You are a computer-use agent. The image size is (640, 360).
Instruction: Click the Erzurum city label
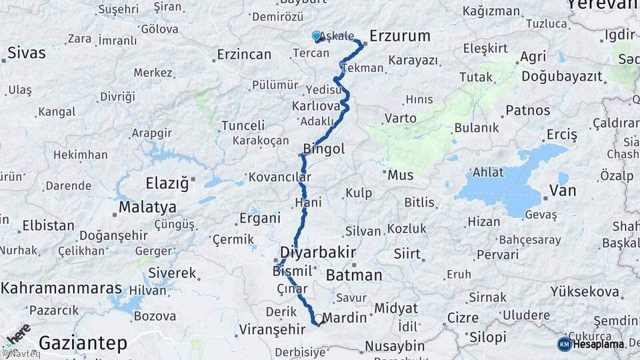click(399, 36)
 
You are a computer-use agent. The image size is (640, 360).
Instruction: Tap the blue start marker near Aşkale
click(317, 36)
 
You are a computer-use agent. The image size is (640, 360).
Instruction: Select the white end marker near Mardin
click(319, 319)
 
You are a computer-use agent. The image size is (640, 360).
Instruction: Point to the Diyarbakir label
click(318, 253)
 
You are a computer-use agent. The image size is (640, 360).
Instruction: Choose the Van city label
click(562, 191)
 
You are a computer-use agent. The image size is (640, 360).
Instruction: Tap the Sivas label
click(27, 53)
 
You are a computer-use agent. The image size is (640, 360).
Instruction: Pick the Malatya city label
click(147, 207)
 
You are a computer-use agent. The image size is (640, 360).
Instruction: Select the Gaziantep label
click(83, 343)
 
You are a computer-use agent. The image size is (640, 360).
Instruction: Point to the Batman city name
click(355, 275)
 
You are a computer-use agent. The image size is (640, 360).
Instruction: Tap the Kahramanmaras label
click(61, 289)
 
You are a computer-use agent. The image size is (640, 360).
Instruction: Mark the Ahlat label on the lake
click(488, 172)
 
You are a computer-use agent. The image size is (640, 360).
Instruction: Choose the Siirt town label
click(407, 254)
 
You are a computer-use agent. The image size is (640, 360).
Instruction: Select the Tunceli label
click(243, 125)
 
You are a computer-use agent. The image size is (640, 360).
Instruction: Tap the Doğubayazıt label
click(561, 77)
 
